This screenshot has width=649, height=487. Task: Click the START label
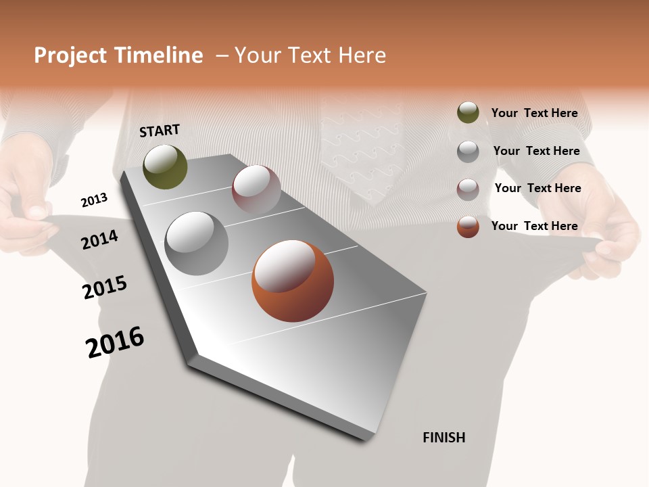click(x=160, y=131)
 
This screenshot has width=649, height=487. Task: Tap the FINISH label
click(x=443, y=438)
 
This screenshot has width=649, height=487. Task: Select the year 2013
click(x=94, y=200)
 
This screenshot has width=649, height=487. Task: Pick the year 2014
click(x=99, y=239)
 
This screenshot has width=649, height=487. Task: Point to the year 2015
click(x=105, y=287)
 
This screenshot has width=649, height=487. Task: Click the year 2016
click(x=115, y=342)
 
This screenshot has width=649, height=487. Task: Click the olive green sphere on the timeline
click(x=165, y=166)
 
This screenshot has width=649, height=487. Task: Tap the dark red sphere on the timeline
click(x=256, y=189)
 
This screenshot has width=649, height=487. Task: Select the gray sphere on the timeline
click(x=196, y=243)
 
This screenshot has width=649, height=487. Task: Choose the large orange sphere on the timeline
click(x=293, y=281)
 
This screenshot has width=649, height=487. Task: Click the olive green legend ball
click(x=468, y=113)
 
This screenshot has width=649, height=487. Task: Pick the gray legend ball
click(x=468, y=152)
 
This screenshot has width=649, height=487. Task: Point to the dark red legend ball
click(x=468, y=189)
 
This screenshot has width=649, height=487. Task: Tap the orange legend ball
click(x=468, y=227)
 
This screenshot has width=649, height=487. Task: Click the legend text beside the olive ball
click(x=534, y=113)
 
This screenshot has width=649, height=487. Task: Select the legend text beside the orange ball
click(x=534, y=226)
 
